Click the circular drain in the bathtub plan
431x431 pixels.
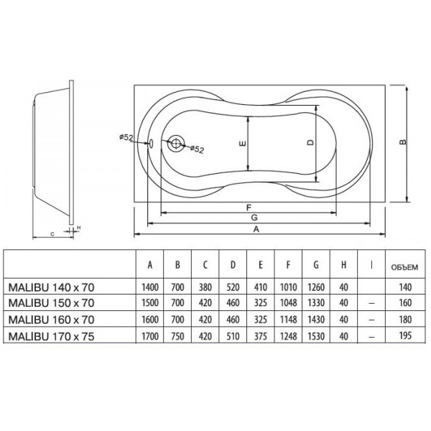[x=176, y=143]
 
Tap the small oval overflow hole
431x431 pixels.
[x=151, y=143]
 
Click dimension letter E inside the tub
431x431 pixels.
[x=243, y=143]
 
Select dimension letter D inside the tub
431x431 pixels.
[x=310, y=142]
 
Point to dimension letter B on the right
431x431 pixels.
[x=403, y=142]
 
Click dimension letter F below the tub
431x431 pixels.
[x=249, y=208]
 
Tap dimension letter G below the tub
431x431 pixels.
[x=254, y=218]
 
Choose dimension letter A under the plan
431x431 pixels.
[x=256, y=229]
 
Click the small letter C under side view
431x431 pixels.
[x=52, y=234]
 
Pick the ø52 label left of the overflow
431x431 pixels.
[x=126, y=137]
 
